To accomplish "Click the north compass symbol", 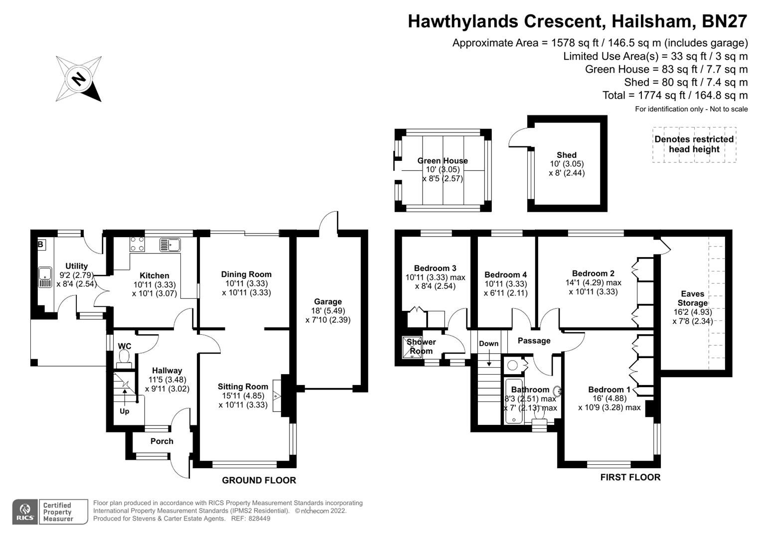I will click(79, 79).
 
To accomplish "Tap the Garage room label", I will click(328, 301).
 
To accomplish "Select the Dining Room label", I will click(246, 274).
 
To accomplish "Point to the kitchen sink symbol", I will click(170, 244).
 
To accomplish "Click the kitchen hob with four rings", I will click(137, 244).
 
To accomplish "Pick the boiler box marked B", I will click(40, 245).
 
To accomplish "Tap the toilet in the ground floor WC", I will click(124, 357).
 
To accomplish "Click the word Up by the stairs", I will click(124, 411).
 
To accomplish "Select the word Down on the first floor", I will click(488, 343).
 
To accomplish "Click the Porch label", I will click(162, 441).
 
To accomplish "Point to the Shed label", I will click(567, 155).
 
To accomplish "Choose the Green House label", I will click(443, 160).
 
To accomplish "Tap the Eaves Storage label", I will click(692, 298).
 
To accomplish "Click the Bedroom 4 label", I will click(505, 274).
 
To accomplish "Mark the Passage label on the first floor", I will click(534, 341).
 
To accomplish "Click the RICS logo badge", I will click(24, 512).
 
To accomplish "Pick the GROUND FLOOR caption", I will click(259, 480).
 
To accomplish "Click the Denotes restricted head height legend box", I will click(694, 144).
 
